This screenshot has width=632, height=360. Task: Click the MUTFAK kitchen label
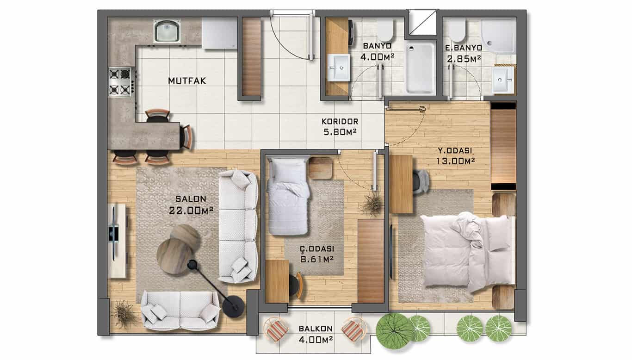coord(187,81)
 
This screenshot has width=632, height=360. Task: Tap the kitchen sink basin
coord(167,31)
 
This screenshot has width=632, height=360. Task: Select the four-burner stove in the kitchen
coord(120,82)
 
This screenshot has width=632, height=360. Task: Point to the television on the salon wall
coord(114,233)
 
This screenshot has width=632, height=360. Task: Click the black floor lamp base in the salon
coord(233,306)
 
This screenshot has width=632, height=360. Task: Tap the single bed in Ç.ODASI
coord(288,196)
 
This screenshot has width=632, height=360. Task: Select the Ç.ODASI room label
coord(317,248)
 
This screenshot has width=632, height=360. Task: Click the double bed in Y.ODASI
coord(467,252)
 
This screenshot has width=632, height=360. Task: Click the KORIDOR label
coord(340,122)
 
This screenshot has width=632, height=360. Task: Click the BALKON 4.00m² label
coord(316,334)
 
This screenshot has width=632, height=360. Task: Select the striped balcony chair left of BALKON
coord(276,329)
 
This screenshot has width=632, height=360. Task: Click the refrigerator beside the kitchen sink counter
coord(219,33)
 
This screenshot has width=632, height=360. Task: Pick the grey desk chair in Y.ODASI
coord(421,182)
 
